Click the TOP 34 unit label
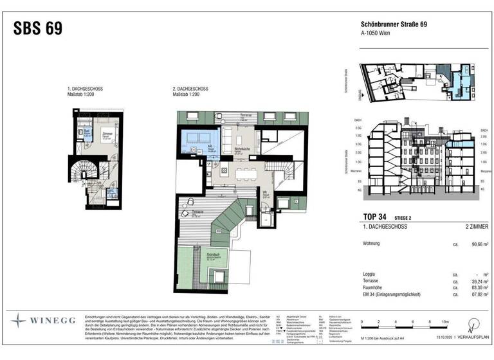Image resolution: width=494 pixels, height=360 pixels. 375,216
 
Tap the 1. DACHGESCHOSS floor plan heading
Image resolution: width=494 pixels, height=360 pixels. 85,88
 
